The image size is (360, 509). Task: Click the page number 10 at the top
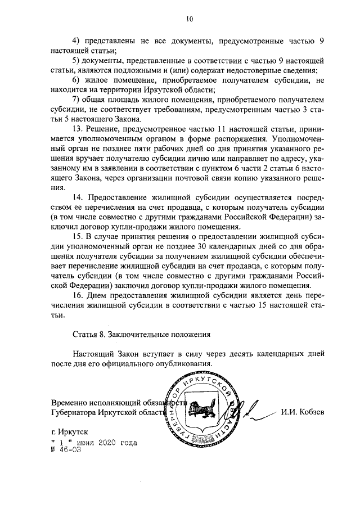189,19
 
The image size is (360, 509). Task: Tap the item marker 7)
76,100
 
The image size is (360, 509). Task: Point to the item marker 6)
76,80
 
